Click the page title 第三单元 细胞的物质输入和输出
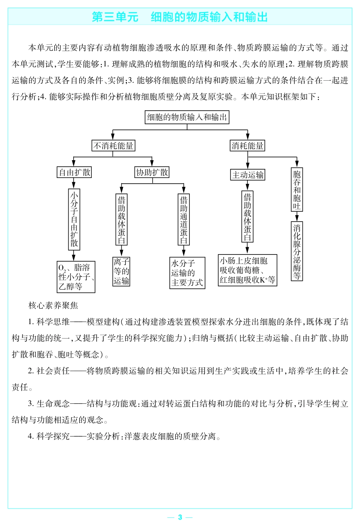click(180, 17)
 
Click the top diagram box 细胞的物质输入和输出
click(187, 117)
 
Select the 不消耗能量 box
click(113, 146)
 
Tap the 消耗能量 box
click(247, 146)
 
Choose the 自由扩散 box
click(75, 172)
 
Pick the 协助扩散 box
click(152, 172)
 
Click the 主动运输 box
click(248, 175)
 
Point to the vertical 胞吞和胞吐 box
click(297, 190)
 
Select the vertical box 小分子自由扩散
click(74, 219)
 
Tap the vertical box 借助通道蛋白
click(184, 220)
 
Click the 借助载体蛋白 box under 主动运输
click(247, 216)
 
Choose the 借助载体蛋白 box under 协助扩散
click(121, 220)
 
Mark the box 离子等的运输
click(121, 272)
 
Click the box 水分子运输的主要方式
click(187, 273)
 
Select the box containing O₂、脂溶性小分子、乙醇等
click(76, 277)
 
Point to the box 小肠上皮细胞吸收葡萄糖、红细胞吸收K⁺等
click(247, 270)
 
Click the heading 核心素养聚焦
click(53, 305)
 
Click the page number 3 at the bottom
click(180, 517)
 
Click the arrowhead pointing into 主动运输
click(248, 166)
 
